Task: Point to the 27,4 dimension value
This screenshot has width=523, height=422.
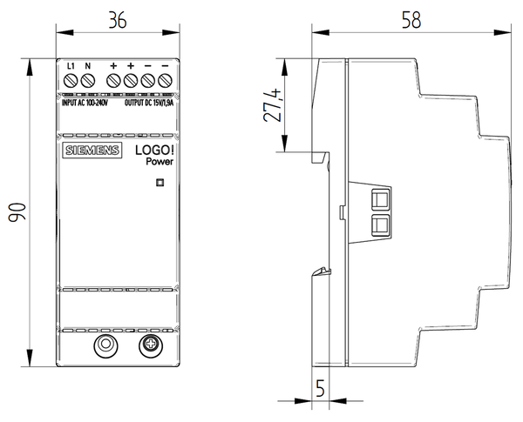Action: point(274,104)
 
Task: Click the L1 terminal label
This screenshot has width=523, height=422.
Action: point(72,66)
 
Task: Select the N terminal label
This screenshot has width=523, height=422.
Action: point(88,66)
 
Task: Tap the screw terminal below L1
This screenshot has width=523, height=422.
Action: point(72,82)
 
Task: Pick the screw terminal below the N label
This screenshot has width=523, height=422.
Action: point(88,82)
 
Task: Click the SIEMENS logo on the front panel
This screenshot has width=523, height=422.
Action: point(91,153)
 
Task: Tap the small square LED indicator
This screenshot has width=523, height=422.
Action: point(160,182)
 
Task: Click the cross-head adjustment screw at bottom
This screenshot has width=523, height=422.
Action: point(150,345)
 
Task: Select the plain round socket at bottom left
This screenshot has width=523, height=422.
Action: point(105,345)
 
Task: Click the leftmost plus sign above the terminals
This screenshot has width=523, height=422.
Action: point(114,66)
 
